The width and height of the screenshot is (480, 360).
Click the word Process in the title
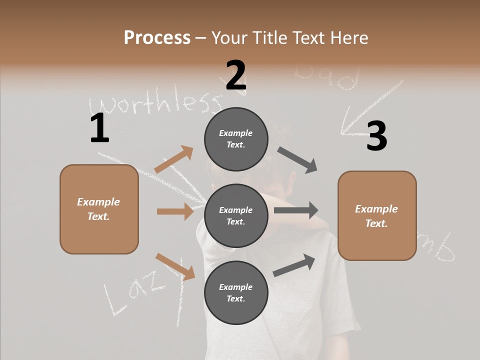[157, 38]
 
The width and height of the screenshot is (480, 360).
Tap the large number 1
[99, 128]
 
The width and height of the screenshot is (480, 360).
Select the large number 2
[236, 75]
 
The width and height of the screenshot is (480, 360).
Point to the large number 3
[376, 136]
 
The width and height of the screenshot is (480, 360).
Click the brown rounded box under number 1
[99, 209]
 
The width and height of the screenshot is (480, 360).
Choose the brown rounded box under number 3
[377, 215]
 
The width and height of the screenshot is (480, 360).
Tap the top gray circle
[236, 139]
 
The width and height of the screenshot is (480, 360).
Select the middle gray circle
[236, 215]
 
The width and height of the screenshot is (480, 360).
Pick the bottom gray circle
[236, 292]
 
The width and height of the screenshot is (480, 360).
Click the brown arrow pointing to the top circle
[173, 159]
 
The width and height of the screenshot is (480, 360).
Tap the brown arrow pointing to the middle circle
[175, 211]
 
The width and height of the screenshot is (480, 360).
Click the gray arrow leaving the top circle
[297, 160]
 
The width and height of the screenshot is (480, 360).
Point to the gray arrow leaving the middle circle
[296, 210]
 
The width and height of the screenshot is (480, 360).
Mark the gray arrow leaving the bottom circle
[294, 265]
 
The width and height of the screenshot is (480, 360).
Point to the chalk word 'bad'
[327, 77]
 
